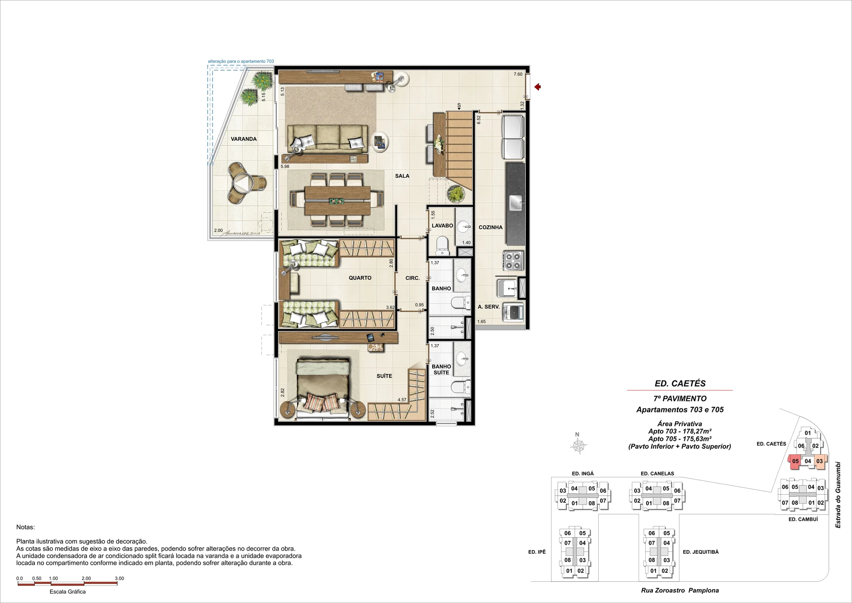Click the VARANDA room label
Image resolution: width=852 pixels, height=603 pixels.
tap(244, 139)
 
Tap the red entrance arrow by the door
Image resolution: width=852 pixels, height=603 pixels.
tap(537, 87)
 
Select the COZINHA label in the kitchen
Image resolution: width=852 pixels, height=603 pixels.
tap(490, 227)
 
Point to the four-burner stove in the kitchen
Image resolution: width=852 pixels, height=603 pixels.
tap(513, 261)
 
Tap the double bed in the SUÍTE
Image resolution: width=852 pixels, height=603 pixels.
tap(322, 388)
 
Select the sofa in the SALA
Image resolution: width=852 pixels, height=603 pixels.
tap(327, 138)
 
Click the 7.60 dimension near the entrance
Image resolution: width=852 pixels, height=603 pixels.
tap(518, 74)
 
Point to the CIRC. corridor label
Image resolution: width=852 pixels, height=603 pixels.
tap(413, 278)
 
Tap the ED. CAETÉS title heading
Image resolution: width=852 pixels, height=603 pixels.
tap(680, 384)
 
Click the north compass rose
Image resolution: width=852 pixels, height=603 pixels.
tap(578, 445)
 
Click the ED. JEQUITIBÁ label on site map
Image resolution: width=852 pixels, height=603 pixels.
tap(701, 552)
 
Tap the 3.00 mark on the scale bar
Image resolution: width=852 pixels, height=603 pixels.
tap(119, 579)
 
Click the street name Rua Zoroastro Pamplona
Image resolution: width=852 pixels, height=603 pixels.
tap(680, 591)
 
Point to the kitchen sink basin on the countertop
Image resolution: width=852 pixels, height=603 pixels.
tap(516, 204)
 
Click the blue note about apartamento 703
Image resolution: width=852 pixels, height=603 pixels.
tap(241, 61)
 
